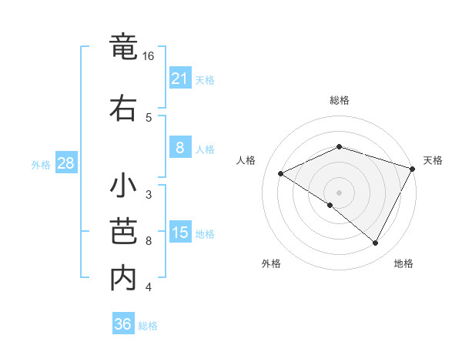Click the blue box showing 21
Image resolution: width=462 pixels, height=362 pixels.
click(179, 79)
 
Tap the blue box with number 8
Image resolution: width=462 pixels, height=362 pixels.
click(179, 149)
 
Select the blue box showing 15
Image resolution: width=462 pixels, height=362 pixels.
click(179, 233)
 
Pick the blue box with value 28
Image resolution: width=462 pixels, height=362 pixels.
click(65, 164)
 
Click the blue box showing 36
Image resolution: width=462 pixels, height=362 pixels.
click(122, 324)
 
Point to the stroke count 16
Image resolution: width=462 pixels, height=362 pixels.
click(149, 56)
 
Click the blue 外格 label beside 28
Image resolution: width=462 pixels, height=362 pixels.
click(40, 165)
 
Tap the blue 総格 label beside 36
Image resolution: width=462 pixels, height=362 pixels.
click(148, 326)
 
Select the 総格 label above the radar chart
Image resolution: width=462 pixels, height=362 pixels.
click(339, 100)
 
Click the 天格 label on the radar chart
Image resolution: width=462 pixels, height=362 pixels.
click(433, 160)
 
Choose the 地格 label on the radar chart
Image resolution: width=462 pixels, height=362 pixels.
click(403, 264)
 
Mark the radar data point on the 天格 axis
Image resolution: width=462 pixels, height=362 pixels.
click(413, 167)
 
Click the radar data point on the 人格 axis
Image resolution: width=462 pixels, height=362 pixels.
click(281, 173)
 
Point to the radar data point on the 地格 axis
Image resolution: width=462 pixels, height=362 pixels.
click(375, 243)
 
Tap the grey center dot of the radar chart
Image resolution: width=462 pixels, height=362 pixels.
click(339, 192)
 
